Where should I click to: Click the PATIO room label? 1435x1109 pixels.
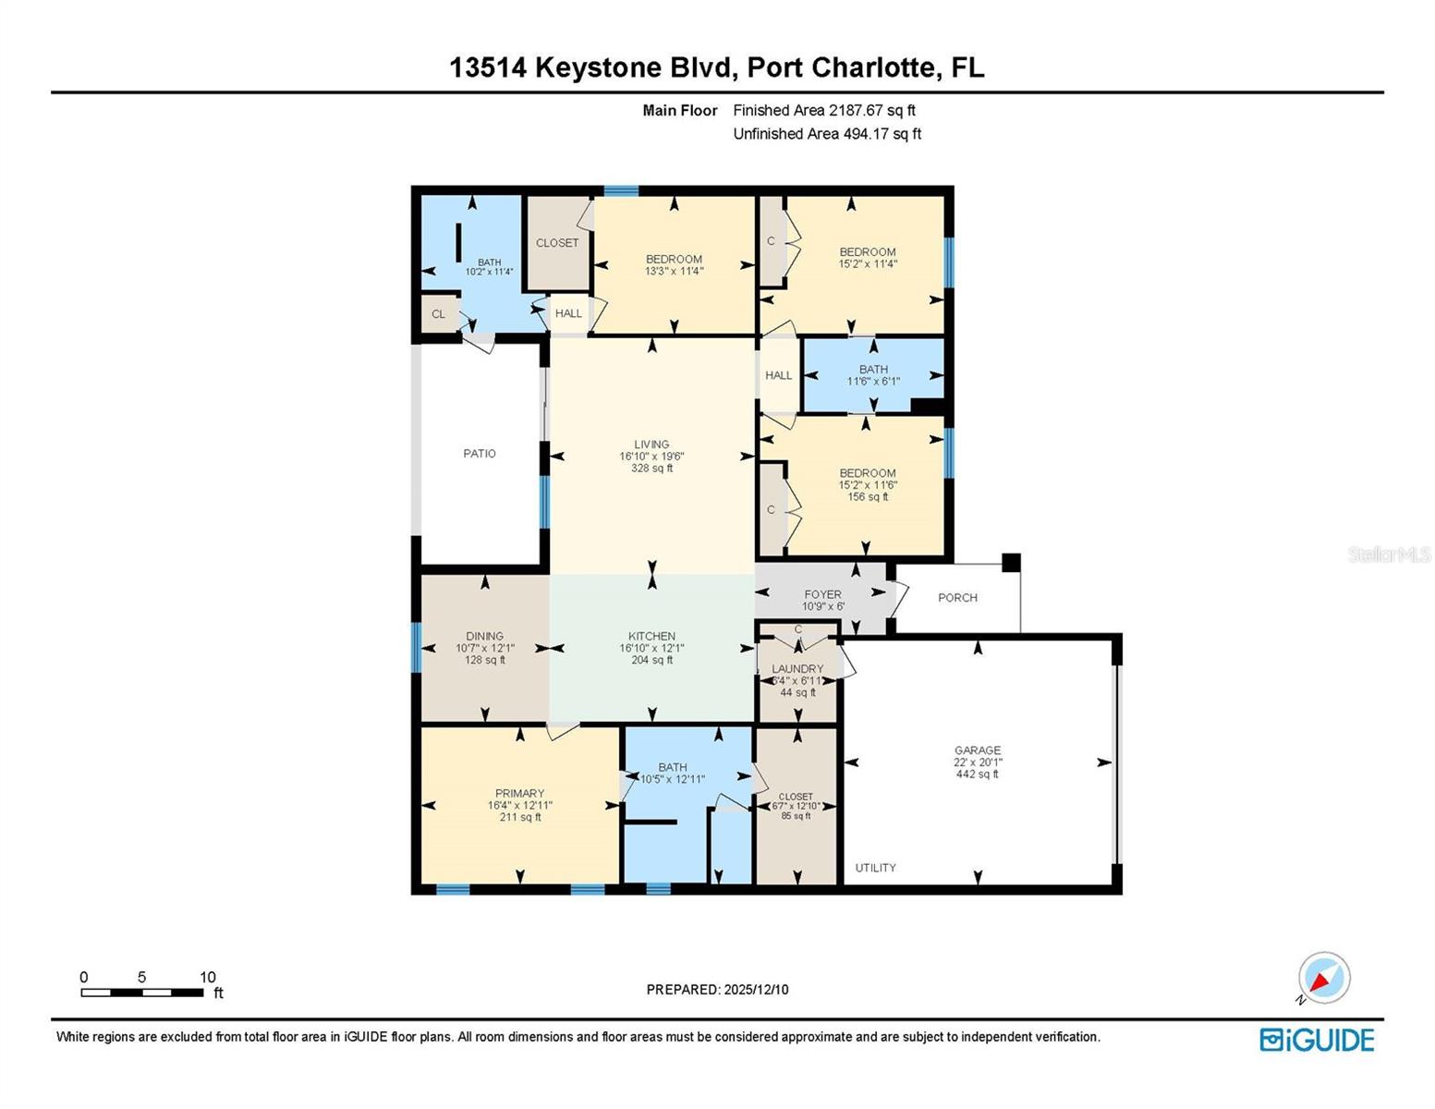[x=480, y=454]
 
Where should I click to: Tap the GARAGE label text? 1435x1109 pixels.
[x=978, y=750]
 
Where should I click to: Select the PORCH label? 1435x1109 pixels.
[x=957, y=598]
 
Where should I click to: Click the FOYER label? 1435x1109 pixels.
[x=822, y=595]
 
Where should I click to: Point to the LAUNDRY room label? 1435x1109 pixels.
[x=797, y=669]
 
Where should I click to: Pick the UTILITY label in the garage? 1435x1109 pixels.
[x=875, y=868]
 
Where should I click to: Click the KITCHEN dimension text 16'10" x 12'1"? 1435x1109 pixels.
[x=651, y=649]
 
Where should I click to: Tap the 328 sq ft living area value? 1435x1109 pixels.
[x=651, y=469]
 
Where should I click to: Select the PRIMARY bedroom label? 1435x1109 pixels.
[x=519, y=793]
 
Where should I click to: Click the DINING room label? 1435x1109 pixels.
[x=484, y=636]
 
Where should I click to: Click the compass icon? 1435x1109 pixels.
[x=1324, y=978]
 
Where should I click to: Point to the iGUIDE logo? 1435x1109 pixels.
[x=1317, y=1040]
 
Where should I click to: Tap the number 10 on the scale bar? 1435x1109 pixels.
[x=208, y=977]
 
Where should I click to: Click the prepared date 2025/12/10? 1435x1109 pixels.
[x=756, y=990]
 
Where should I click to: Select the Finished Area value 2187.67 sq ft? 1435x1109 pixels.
[x=871, y=110]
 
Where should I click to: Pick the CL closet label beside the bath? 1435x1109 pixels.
[x=439, y=314]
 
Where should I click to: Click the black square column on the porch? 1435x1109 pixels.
[x=1011, y=562]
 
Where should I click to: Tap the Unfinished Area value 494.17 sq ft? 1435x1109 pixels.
[x=882, y=134]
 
